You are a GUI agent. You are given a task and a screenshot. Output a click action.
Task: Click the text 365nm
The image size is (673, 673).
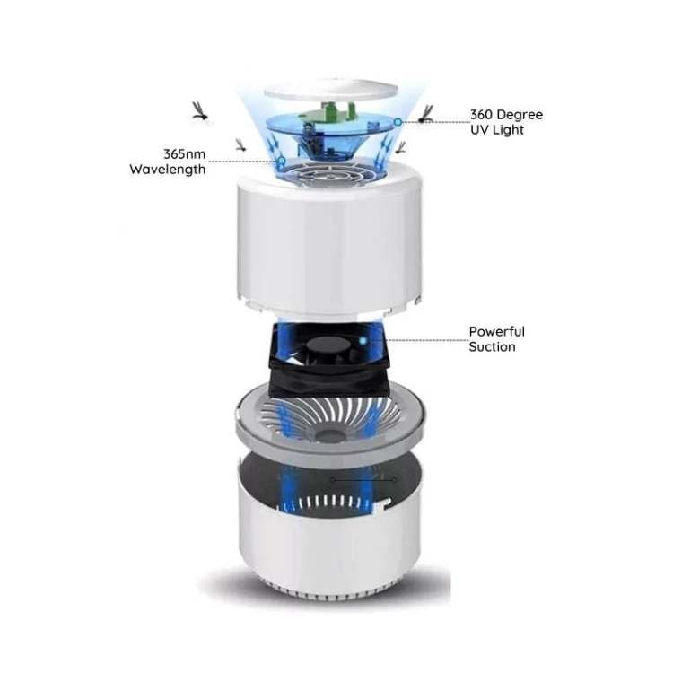point(184,153)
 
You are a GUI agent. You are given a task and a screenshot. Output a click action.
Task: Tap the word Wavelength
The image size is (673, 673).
point(168,169)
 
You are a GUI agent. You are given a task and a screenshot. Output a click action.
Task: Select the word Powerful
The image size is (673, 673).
point(496,331)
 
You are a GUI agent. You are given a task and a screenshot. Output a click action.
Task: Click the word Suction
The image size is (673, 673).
point(492,346)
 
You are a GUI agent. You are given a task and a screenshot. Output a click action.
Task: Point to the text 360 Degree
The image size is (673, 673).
point(506,115)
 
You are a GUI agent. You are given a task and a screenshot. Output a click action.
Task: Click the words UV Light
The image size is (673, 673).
point(497,129)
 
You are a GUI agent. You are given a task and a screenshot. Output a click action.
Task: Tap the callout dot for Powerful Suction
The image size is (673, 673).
point(363,341)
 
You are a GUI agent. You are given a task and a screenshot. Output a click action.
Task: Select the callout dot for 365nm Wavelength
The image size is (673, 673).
point(282,161)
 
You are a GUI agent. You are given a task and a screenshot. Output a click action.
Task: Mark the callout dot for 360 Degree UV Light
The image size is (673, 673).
point(398,122)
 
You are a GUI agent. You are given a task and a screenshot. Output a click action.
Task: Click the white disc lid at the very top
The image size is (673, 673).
point(330,91)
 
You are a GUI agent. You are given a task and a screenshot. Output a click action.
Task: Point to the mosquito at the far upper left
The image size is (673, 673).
point(201,111)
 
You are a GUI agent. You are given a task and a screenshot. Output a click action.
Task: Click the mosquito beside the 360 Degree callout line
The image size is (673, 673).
point(426,114)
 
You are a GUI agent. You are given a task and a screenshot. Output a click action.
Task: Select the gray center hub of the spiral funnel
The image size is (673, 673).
point(329,435)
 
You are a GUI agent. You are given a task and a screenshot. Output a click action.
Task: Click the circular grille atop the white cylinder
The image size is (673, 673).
point(330,173)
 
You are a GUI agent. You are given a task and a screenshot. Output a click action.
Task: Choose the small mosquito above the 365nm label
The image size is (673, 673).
point(241,144)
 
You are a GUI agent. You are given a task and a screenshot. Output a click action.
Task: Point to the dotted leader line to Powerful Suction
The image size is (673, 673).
point(426,340)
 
